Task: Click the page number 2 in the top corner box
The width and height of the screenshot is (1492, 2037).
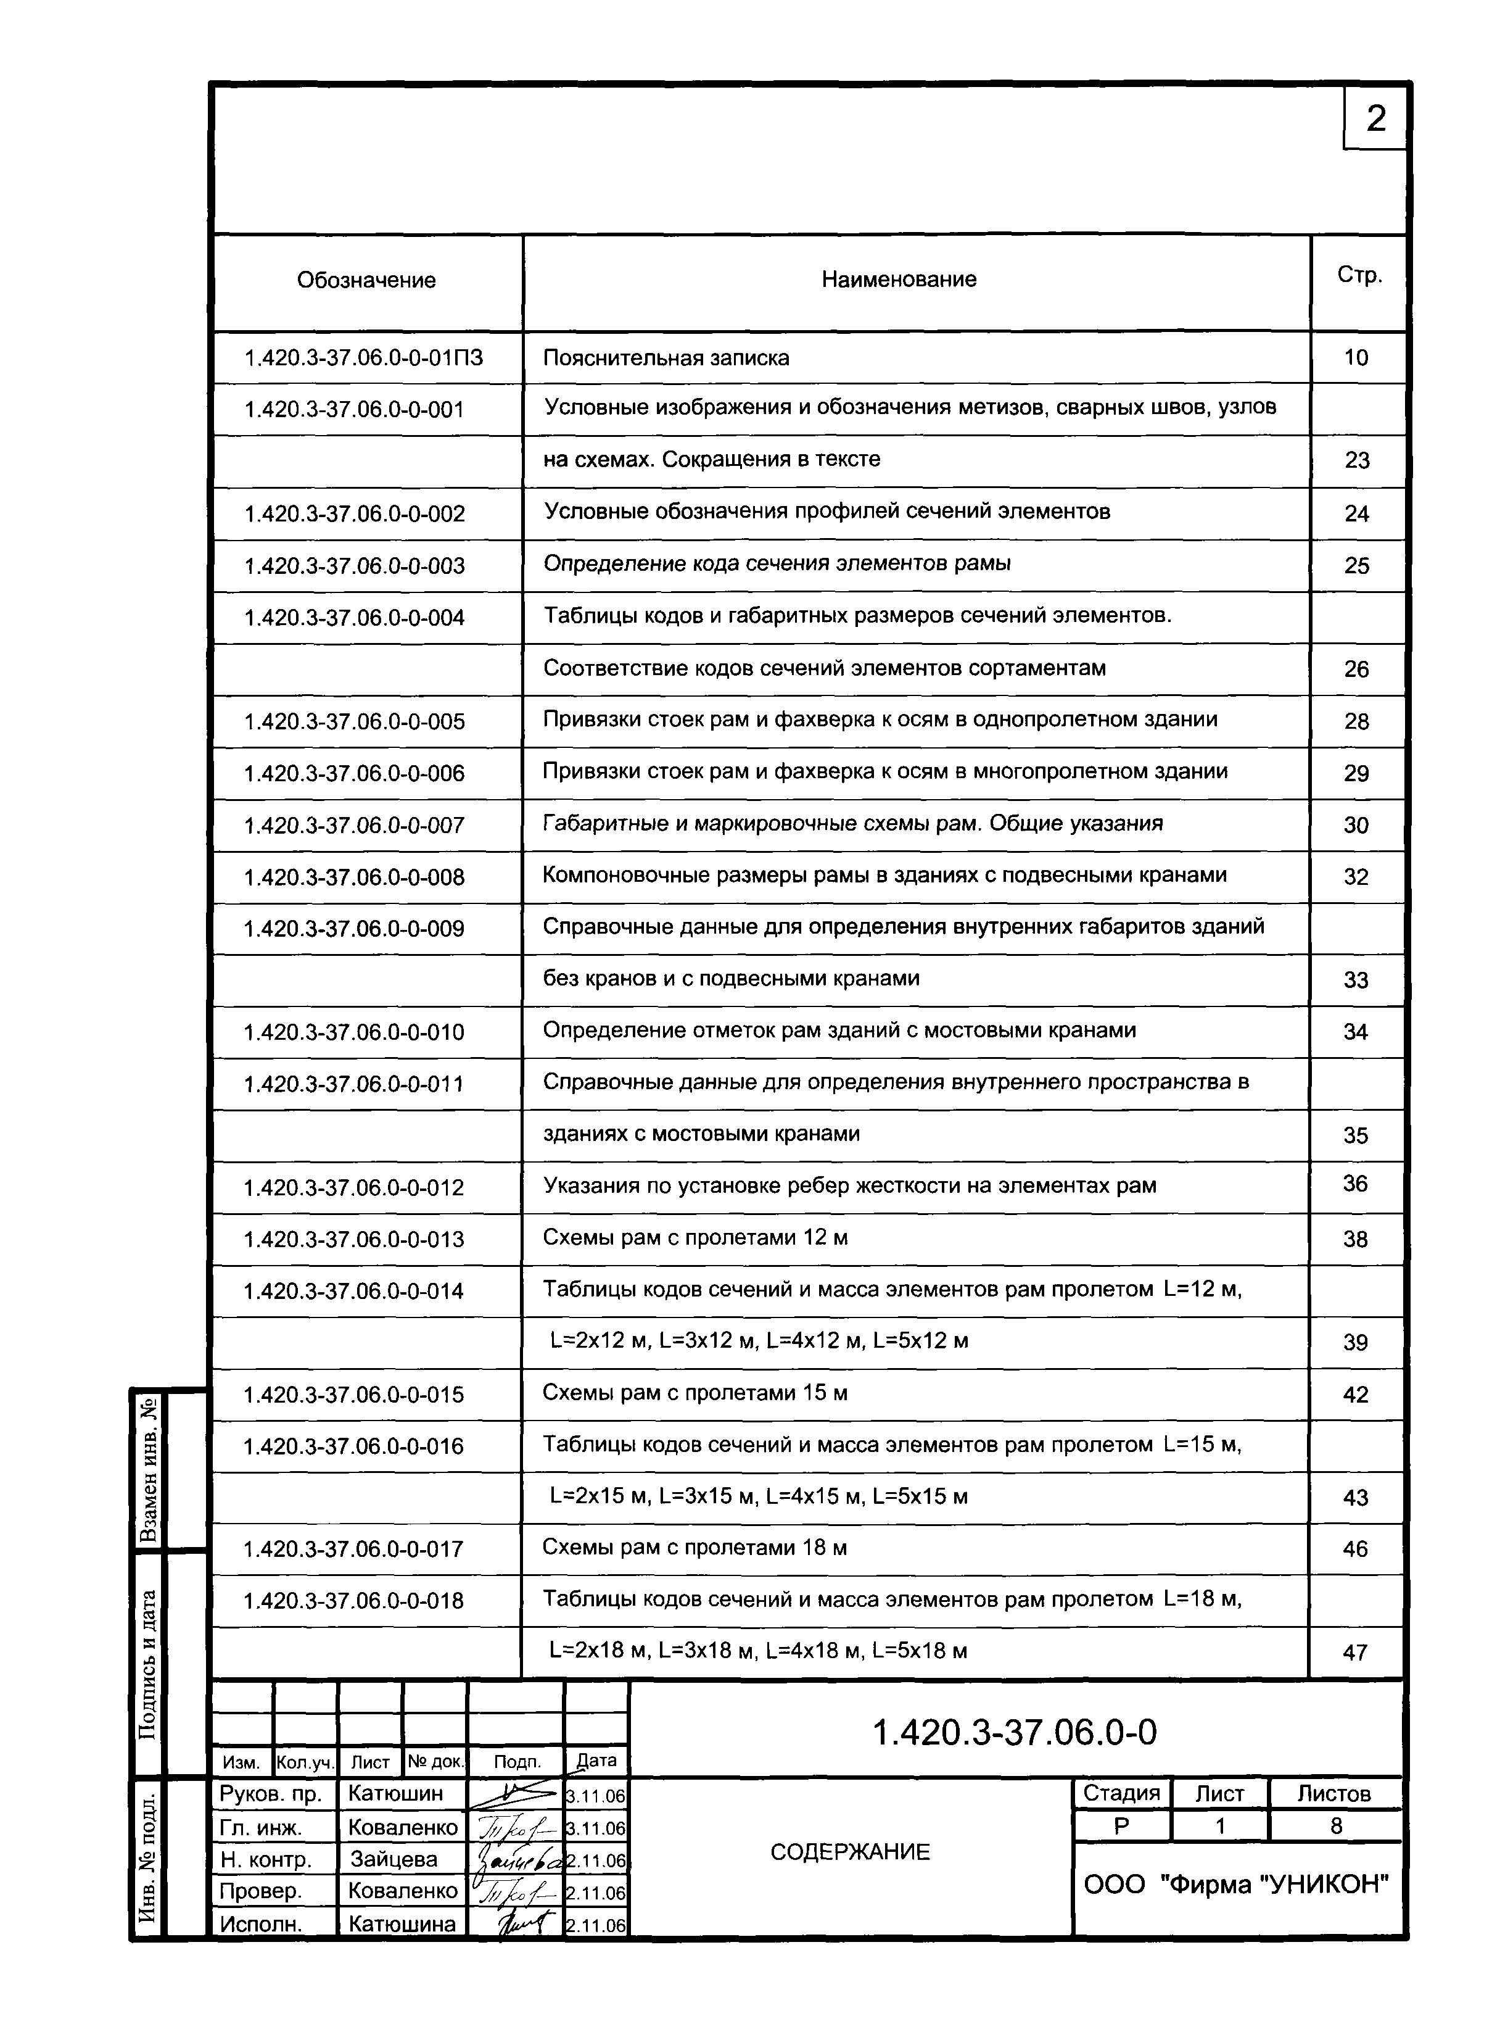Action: point(1375,118)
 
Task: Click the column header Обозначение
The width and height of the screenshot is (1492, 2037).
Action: point(366,280)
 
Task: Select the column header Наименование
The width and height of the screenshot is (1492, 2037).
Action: point(898,279)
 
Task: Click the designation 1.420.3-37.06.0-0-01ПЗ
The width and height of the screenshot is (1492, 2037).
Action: point(363,359)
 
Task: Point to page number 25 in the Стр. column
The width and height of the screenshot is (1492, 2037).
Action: point(1356,566)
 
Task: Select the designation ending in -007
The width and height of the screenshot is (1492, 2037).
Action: point(354,826)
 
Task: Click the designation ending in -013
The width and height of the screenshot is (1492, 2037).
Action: point(353,1239)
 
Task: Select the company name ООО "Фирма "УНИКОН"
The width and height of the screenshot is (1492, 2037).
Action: point(1235,1885)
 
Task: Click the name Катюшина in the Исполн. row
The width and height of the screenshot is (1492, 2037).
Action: point(402,1924)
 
